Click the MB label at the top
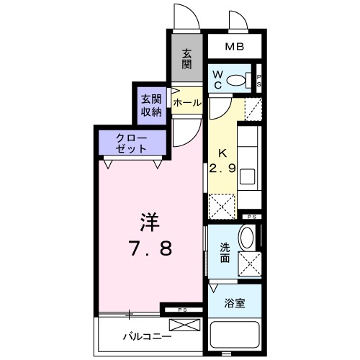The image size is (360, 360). click(234, 48)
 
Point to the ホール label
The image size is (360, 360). click(187, 103)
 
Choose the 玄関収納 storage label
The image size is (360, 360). click(150, 104)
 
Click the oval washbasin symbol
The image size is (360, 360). click(246, 238)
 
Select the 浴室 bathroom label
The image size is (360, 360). click(235, 303)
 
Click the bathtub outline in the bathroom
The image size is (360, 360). click(235, 337)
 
